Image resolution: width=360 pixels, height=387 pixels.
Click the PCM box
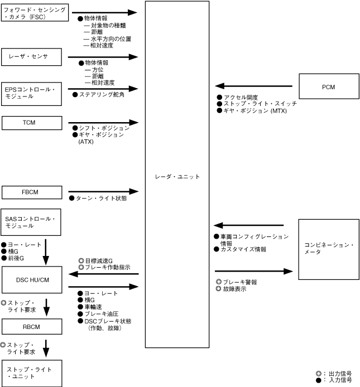[x=329, y=86]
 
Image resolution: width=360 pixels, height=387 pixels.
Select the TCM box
[x=30, y=122]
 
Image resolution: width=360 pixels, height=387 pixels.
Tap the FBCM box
[x=30, y=192]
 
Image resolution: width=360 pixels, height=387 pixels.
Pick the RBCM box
[x=30, y=327]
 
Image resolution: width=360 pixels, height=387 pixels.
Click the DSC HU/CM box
[x=30, y=279]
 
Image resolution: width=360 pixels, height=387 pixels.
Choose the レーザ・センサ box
[x=30, y=56]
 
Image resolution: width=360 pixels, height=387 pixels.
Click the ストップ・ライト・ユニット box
[x=30, y=373]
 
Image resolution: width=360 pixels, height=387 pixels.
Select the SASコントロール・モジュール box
[x=30, y=224]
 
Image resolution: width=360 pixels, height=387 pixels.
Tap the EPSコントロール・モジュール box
[x=30, y=92]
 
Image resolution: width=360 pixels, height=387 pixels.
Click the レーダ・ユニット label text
[x=177, y=176]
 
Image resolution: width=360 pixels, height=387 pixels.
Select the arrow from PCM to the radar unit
[x=254, y=86]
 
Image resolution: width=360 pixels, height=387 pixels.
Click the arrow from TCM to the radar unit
[x=103, y=122]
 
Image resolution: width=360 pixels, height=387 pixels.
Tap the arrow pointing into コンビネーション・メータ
[x=254, y=271]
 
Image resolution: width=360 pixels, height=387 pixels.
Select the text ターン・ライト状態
[x=100, y=199]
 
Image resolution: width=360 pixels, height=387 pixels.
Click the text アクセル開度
[x=241, y=98]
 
